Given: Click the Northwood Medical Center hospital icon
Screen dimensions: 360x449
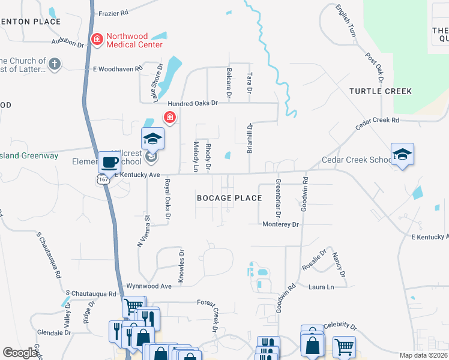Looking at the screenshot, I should pyautogui.click(x=96, y=40).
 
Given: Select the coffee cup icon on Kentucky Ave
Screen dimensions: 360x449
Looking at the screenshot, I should pyautogui.click(x=109, y=161).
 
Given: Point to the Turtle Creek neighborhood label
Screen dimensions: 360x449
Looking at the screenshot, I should pyautogui.click(x=381, y=91).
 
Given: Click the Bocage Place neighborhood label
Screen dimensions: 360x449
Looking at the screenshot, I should pyautogui.click(x=230, y=198).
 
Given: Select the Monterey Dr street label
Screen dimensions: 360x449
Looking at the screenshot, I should pyautogui.click(x=280, y=224).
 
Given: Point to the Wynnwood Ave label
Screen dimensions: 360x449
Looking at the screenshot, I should pyautogui.click(x=149, y=286).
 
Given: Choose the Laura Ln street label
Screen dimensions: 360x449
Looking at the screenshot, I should pyautogui.click(x=321, y=287).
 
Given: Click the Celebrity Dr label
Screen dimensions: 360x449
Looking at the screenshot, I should pyautogui.click(x=340, y=327).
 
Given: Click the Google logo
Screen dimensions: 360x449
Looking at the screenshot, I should pyautogui.click(x=20, y=353).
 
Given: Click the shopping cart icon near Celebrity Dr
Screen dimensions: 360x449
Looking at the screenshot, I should pyautogui.click(x=344, y=346).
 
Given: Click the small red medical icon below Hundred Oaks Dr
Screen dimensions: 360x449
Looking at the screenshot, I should pyautogui.click(x=170, y=116).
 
